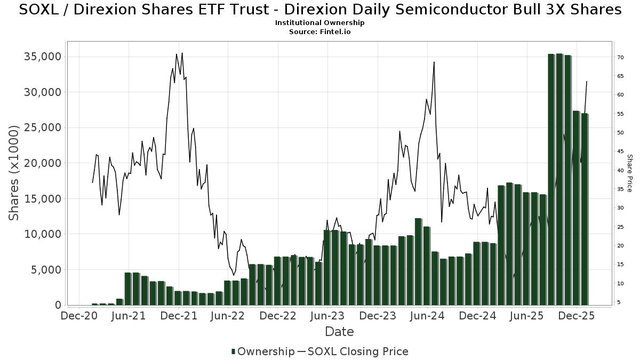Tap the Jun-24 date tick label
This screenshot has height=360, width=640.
point(427,316)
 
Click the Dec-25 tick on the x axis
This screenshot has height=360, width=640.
point(577,316)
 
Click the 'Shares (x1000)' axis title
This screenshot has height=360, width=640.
point(14,172)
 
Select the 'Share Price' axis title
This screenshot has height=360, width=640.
point(629,173)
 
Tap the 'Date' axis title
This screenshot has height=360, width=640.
point(339,332)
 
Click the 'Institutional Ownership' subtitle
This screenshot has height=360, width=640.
point(319,23)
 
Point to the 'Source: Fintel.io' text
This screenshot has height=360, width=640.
point(319,32)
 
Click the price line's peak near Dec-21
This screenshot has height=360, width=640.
point(182,53)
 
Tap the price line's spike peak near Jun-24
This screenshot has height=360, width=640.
point(434,62)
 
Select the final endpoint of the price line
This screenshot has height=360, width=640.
point(587,82)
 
